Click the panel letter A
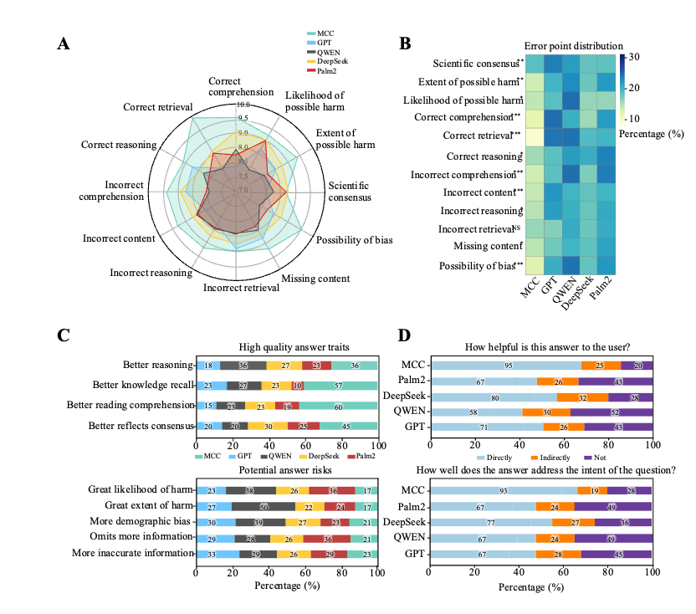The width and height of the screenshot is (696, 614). pyautogui.click(x=64, y=44)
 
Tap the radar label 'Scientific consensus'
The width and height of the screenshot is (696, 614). pyautogui.click(x=349, y=192)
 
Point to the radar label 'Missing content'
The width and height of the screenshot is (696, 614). pyautogui.click(x=315, y=279)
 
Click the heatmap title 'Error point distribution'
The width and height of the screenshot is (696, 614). pyautogui.click(x=573, y=45)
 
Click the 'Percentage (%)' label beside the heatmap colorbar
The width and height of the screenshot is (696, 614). pyautogui.click(x=655, y=132)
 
